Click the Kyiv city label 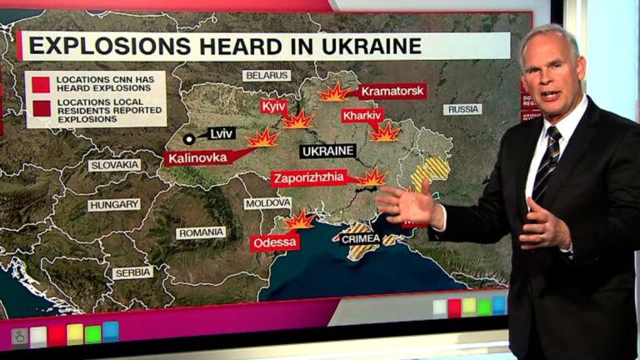pos(273,107)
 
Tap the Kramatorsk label pos(392,91)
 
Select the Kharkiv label pos(362,115)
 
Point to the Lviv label pos(221,133)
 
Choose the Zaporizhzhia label pos(308,177)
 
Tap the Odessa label pos(274,242)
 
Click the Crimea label pos(360,239)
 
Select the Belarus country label pos(267,75)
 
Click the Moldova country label pos(267,203)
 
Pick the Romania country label pos(200,232)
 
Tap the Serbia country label pos(132,272)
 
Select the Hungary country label pos(113,205)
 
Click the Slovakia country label pos(114,165)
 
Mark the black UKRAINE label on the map pos(327,152)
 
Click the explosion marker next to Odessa pos(299,220)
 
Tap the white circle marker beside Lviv pos(189,139)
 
